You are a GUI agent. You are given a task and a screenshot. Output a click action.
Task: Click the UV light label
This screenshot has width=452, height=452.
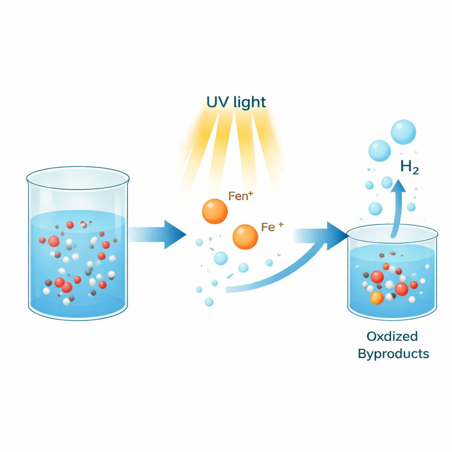click(236, 102)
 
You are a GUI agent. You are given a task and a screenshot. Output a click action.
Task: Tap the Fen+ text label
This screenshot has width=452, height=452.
click(241, 196)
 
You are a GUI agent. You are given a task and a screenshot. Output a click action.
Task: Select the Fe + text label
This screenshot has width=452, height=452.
click(272, 227)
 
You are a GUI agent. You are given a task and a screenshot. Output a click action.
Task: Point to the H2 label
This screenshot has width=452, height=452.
click(409, 167)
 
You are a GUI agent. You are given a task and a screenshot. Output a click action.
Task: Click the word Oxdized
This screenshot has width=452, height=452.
click(392, 336)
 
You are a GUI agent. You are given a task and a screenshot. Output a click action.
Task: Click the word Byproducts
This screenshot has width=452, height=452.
click(393, 354)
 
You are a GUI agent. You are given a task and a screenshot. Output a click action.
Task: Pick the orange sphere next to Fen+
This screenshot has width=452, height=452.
click(215, 211)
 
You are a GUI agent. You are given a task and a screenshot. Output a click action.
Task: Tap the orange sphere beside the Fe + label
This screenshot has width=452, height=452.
click(245, 237)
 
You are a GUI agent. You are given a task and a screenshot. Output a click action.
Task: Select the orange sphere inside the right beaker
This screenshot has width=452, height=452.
click(377, 298)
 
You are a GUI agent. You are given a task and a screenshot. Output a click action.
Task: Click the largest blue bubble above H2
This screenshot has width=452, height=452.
click(403, 132)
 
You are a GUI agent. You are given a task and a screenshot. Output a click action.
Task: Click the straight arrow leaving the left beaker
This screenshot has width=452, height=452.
click(158, 235)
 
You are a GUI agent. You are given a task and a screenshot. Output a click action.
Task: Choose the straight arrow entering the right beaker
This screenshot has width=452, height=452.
click(320, 236)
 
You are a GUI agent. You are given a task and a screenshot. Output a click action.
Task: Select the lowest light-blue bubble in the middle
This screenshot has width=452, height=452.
click(209, 302)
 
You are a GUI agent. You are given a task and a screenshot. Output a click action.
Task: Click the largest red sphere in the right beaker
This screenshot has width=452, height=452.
click(377, 277)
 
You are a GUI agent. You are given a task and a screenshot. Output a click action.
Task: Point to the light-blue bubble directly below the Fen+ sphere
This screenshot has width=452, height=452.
click(221, 258)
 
